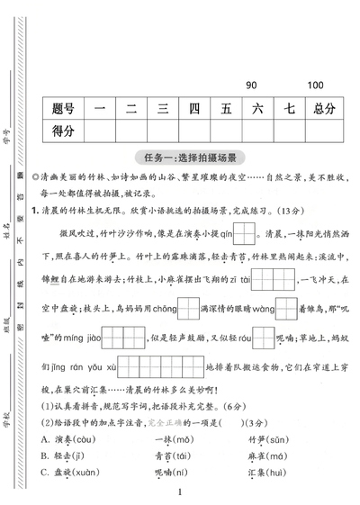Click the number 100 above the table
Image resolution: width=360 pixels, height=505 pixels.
pyautogui.click(x=315, y=86)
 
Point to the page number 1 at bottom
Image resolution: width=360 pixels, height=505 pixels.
pyautogui.click(x=180, y=492)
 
